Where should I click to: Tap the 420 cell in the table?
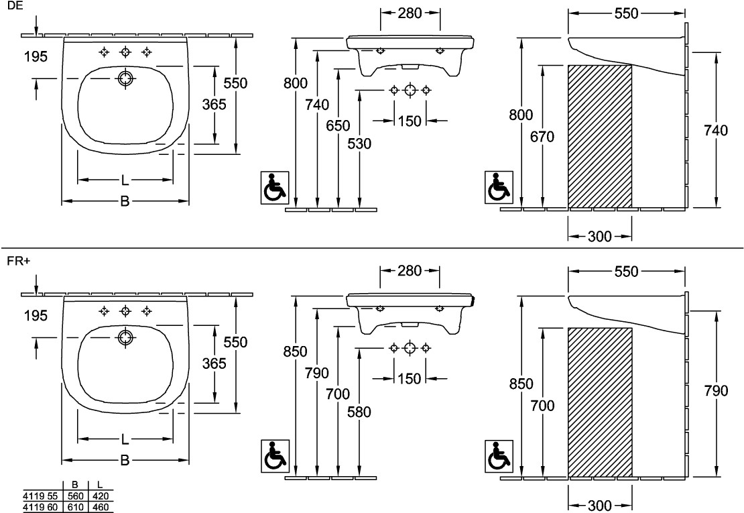point(100,496)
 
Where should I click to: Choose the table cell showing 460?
point(100,507)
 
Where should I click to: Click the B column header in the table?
point(74,484)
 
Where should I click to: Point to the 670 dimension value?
point(542,137)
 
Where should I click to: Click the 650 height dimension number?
point(338,125)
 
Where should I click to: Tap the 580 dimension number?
point(359,412)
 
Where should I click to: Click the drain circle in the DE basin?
point(125,78)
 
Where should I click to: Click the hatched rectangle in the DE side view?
point(599,136)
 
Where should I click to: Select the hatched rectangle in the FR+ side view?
point(599,402)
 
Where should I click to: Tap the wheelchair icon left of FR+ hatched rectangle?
point(498,455)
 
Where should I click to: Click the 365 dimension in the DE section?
point(214,104)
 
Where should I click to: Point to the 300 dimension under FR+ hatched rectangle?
point(600,504)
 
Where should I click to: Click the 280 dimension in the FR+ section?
point(410,270)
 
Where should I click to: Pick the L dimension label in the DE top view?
point(125,180)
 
